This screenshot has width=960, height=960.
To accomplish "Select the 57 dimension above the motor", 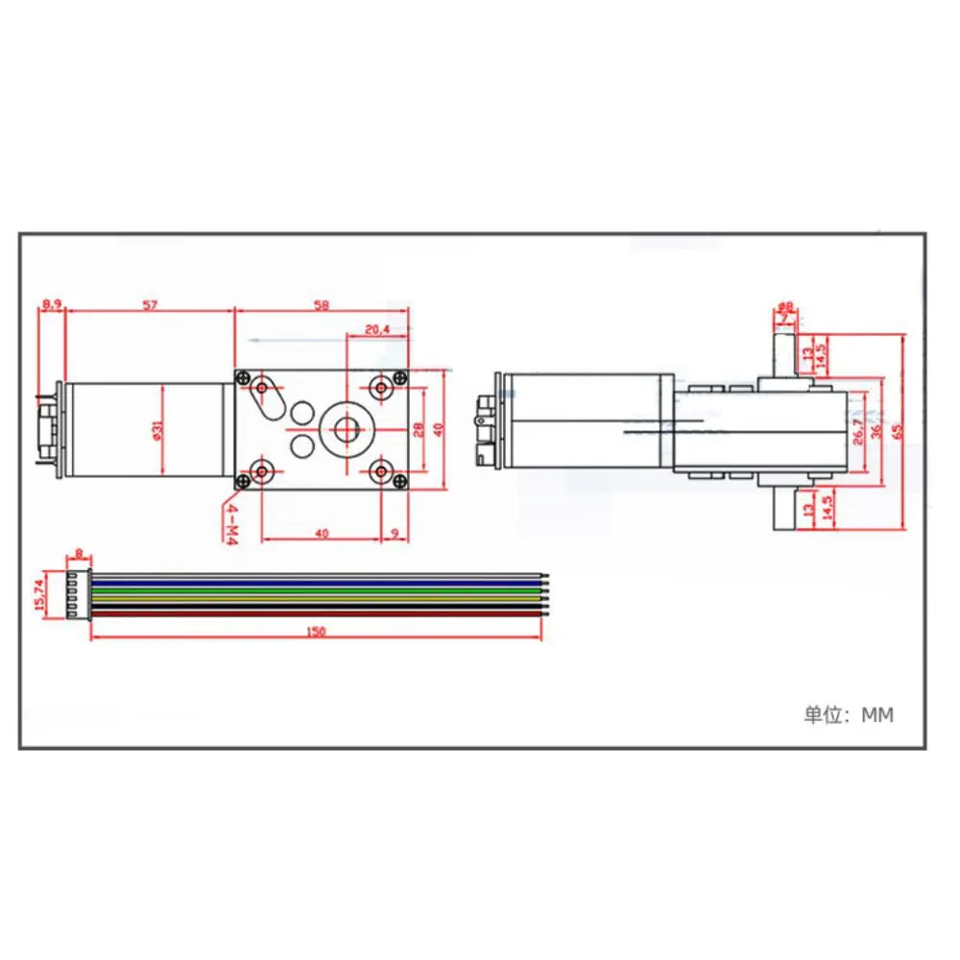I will click(x=150, y=304).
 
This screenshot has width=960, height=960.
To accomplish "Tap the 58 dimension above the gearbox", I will click(x=321, y=304).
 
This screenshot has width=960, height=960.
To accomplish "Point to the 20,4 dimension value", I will click(x=377, y=329).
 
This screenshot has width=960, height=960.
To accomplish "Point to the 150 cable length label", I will click(x=317, y=631).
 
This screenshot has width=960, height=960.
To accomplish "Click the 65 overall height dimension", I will click(x=898, y=431).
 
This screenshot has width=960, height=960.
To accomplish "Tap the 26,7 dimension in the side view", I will click(x=855, y=431).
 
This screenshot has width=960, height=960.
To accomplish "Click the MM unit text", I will click(x=876, y=715).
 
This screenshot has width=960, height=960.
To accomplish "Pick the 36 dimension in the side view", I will click(x=876, y=431).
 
